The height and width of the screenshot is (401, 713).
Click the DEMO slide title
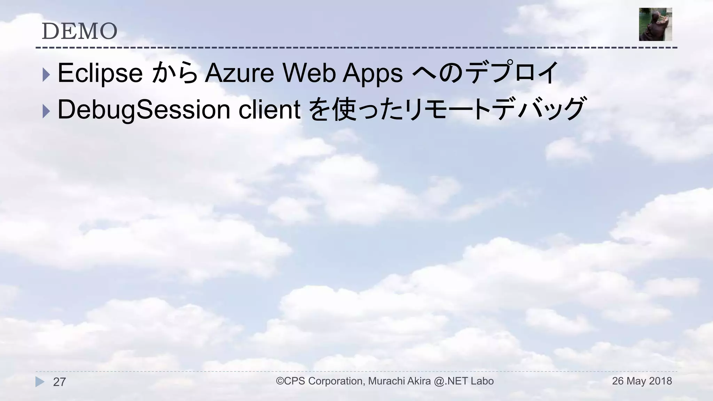tap(79, 31)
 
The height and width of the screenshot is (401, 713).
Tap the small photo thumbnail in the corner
tap(655, 24)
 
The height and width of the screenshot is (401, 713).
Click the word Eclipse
tap(100, 73)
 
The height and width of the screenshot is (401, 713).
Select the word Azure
tap(239, 73)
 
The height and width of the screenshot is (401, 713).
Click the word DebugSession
tap(144, 110)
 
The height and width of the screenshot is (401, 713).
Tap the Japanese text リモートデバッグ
tap(494, 109)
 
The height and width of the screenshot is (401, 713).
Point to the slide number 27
tap(59, 382)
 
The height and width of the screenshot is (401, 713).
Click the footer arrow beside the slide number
tap(40, 382)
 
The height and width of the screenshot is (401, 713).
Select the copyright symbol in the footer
tap(280, 381)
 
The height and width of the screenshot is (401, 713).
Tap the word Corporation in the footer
tap(336, 381)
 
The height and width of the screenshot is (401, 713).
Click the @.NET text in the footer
tap(451, 381)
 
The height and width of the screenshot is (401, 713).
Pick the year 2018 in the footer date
tap(660, 381)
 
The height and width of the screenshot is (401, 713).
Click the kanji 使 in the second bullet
tap(344, 110)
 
